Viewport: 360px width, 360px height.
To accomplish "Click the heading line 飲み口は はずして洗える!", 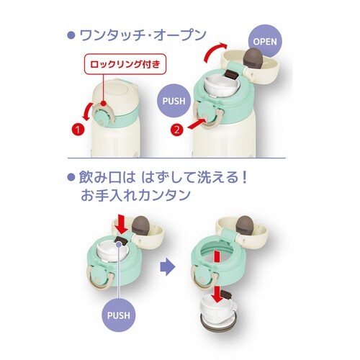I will (158, 178).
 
